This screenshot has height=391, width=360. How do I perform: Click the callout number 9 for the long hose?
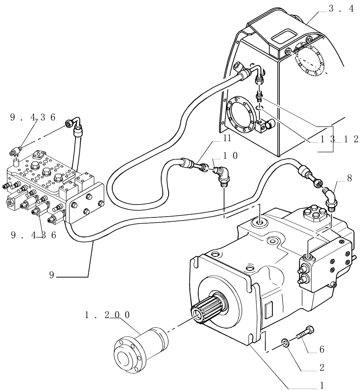[x=52, y=275]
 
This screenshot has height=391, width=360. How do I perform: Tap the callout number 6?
[x=322, y=349]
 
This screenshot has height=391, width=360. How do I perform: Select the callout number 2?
[x=322, y=368]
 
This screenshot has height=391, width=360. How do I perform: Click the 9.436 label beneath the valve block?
[x=34, y=235]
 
